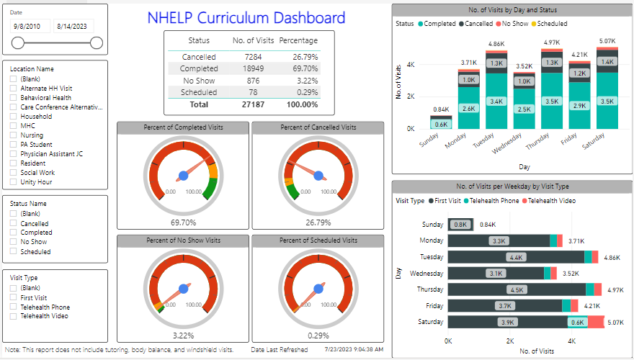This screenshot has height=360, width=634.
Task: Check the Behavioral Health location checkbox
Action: pos(14,97)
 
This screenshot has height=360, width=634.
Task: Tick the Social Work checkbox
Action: pos(14,173)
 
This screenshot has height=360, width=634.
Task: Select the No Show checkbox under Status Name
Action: pos(14,243)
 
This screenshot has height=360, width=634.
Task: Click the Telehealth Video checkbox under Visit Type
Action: pos(14,315)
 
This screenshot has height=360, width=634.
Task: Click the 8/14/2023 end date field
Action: pos(76,26)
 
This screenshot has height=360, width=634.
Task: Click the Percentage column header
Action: pos(298,40)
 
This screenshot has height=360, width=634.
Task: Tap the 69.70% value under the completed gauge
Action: pos(183,223)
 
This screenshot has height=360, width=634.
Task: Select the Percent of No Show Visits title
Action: pos(183,240)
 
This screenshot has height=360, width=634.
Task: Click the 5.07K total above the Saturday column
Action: pos(607,41)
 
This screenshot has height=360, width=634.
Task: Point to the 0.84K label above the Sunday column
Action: pos(441,109)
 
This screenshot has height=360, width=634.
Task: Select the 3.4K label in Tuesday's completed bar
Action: pos(497,102)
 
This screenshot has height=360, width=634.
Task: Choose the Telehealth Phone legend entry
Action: pos(493,201)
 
